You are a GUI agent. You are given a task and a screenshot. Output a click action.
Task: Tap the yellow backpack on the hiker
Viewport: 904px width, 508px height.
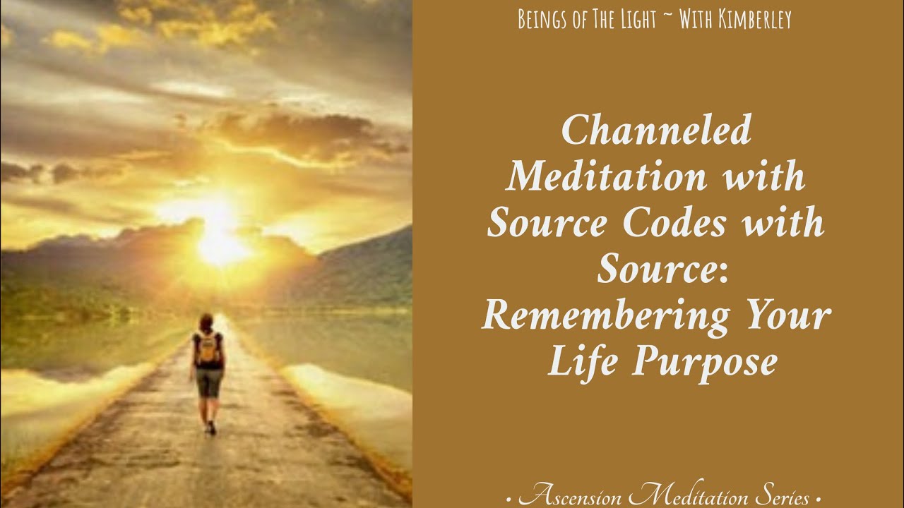point(208,349)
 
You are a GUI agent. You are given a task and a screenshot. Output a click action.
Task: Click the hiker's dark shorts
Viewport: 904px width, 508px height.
point(208,382)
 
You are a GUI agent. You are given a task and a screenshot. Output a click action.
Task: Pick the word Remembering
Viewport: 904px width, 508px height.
point(605,317)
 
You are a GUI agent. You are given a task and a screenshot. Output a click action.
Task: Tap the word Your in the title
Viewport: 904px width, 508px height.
point(786,317)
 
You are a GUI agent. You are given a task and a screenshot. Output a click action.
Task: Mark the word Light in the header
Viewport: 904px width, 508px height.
point(641,20)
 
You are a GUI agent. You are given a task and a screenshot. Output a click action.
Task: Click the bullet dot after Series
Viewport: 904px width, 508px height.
point(818,499)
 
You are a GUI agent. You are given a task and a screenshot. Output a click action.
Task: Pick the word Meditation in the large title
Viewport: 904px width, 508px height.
point(605,177)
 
